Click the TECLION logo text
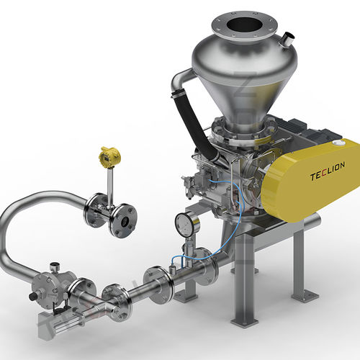[x=328, y=171]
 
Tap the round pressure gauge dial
[x=186, y=224]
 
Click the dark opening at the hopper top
[x=245, y=26]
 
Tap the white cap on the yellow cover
[x=339, y=143]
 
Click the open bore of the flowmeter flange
[x=125, y=221]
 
